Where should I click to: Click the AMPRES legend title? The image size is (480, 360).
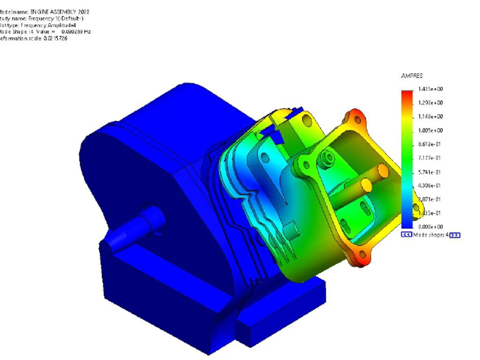click(x=411, y=76)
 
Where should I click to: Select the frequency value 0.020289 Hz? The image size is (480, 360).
click(x=76, y=31)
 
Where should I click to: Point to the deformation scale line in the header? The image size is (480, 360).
click(x=34, y=38)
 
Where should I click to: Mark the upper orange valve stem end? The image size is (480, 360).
click(x=382, y=169)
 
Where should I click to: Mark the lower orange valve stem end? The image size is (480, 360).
click(x=366, y=183)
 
